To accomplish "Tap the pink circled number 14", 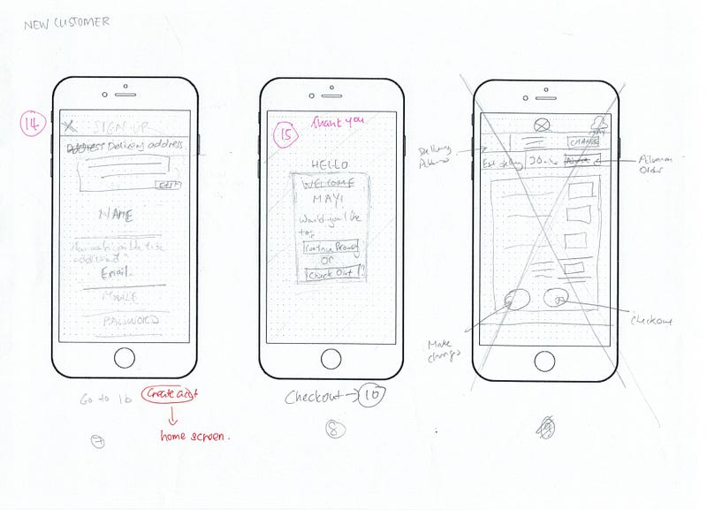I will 32,126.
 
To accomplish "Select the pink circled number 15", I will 286,137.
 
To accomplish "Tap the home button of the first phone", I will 125,358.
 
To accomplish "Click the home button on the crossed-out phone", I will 544,362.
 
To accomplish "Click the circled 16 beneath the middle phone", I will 371,397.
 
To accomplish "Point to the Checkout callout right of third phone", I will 651,321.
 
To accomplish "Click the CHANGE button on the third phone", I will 582,141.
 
